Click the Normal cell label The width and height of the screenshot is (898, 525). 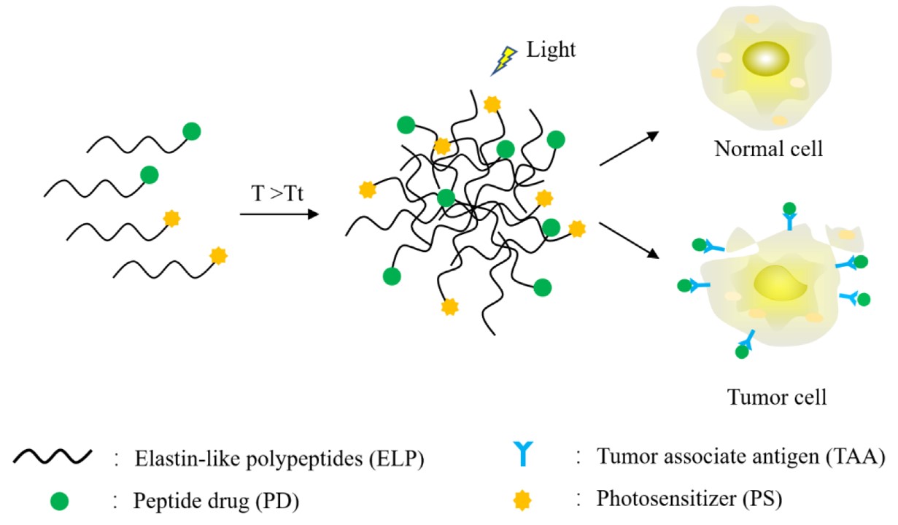click(x=769, y=149)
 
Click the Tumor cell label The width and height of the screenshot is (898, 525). click(x=777, y=398)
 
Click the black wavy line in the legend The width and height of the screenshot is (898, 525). click(x=52, y=459)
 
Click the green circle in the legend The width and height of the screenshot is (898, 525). click(x=61, y=500)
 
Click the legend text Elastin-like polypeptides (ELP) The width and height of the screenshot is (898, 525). click(x=280, y=459)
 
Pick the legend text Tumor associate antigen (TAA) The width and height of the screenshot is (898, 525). click(x=741, y=458)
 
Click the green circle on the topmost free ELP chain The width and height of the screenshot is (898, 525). click(x=191, y=131)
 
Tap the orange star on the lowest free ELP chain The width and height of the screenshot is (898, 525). click(x=217, y=255)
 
